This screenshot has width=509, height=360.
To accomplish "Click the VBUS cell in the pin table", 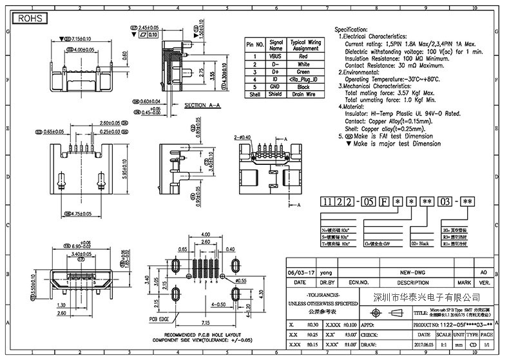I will click(x=276, y=57).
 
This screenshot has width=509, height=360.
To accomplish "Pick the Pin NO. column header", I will click(x=255, y=45).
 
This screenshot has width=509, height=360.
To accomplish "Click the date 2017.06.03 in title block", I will click(x=424, y=345).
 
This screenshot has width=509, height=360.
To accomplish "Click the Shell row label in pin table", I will click(x=255, y=94).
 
